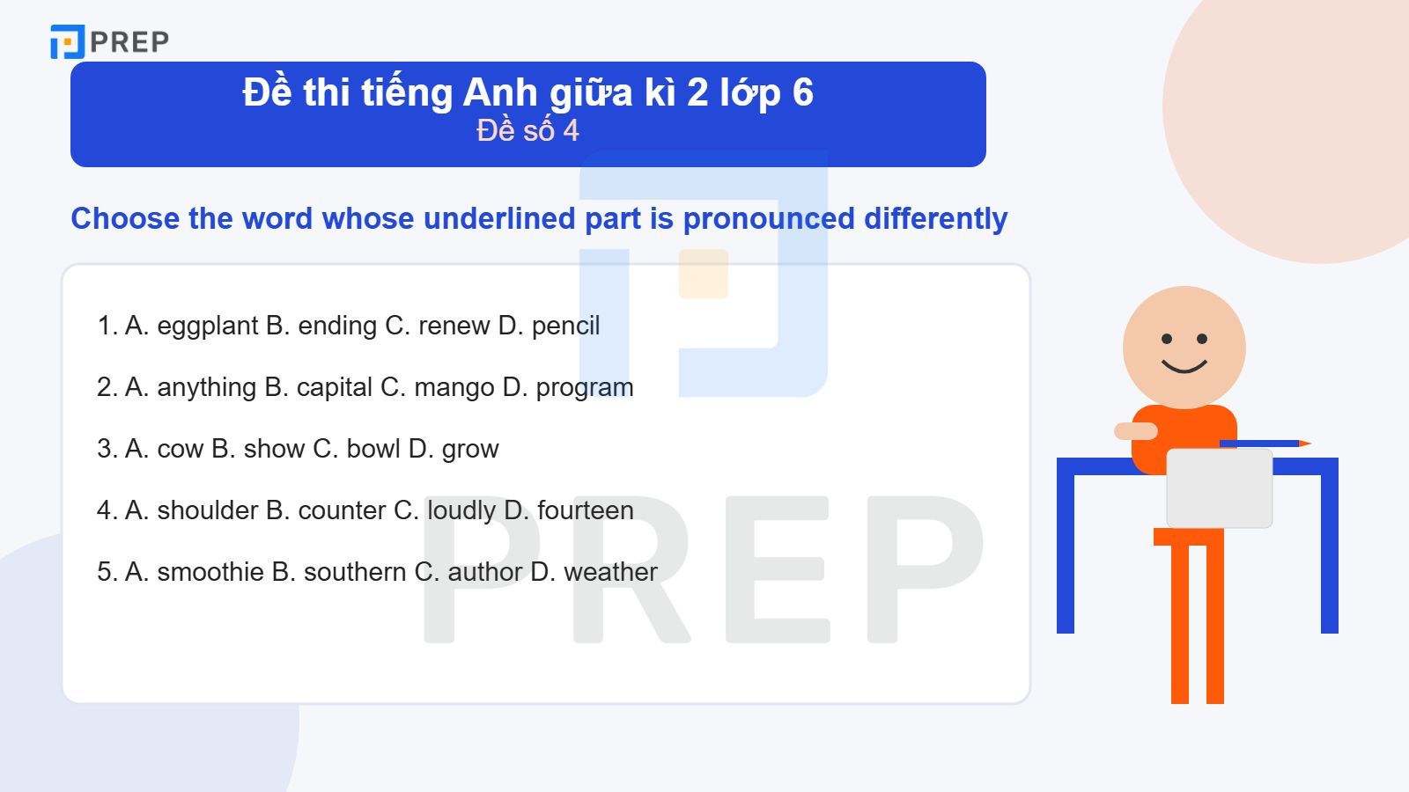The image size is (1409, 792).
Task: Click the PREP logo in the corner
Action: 109,41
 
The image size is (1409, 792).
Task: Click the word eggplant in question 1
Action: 208,326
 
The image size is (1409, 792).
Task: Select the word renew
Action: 454,326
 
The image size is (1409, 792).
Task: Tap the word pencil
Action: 565,326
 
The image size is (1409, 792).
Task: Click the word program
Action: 585,388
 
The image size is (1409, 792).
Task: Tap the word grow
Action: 470,450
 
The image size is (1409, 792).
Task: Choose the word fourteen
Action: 586,510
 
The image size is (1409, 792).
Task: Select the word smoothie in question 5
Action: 210,572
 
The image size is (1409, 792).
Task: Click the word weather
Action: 611,572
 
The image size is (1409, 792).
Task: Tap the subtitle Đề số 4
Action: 527,131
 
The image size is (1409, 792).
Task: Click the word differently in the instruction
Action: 935,218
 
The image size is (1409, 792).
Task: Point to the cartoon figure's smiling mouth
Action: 1184,364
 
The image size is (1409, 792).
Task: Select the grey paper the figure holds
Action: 1219,488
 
